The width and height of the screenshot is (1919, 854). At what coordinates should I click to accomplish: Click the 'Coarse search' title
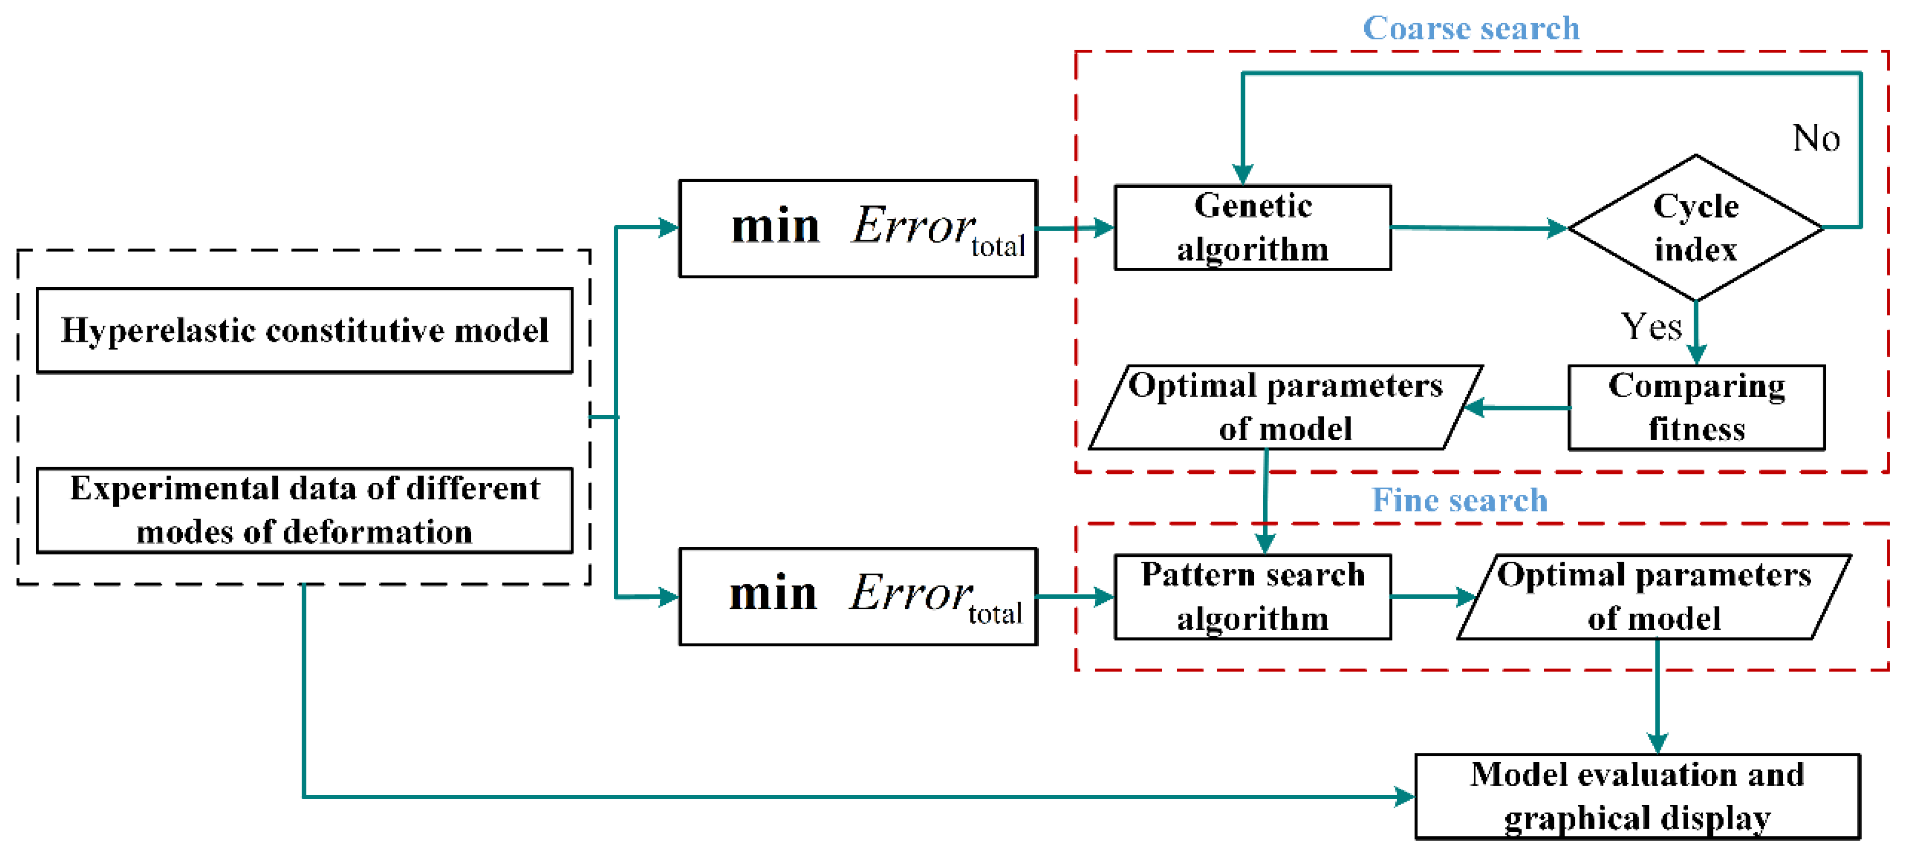[1470, 28]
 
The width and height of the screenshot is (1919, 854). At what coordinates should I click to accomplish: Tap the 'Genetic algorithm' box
[1252, 227]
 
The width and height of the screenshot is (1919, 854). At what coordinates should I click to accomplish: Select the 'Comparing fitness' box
[1696, 407]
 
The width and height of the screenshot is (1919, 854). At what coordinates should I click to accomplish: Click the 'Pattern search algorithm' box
[1252, 596]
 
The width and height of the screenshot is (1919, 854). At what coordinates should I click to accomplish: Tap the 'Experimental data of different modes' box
[305, 510]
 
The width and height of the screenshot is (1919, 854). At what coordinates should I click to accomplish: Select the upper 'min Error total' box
[858, 228]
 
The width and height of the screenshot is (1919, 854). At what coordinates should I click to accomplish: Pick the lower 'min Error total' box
[858, 596]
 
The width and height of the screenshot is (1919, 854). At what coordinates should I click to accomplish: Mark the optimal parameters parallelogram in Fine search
[1654, 596]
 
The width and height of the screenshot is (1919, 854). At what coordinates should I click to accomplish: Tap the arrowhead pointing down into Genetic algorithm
[1242, 174]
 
